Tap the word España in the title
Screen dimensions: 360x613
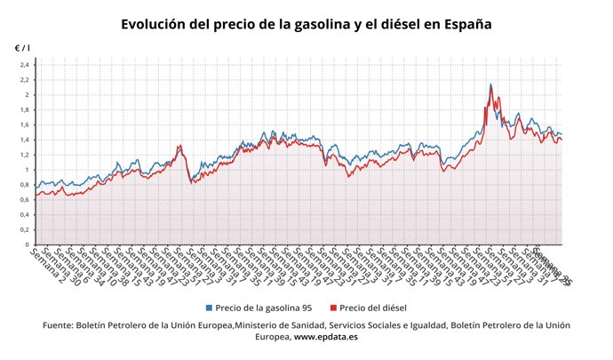pos(462,24)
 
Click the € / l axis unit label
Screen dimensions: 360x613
pos(22,47)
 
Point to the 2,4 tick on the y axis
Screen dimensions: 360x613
pos(24,65)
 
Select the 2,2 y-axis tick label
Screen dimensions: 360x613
pos(24,80)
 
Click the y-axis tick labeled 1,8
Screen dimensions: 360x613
pos(24,110)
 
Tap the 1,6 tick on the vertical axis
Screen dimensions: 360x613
pos(24,125)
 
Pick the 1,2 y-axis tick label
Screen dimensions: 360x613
pos(24,155)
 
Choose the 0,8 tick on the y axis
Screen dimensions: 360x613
pos(24,185)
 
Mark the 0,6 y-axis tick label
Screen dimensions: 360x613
pos(24,200)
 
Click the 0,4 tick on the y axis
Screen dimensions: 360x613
pos(24,215)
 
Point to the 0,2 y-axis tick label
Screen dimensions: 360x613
pos(24,229)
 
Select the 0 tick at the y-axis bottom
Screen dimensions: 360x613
pos(28,244)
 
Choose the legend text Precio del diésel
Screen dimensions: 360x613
pos(373,308)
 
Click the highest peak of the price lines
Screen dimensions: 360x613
pos(490,84)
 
